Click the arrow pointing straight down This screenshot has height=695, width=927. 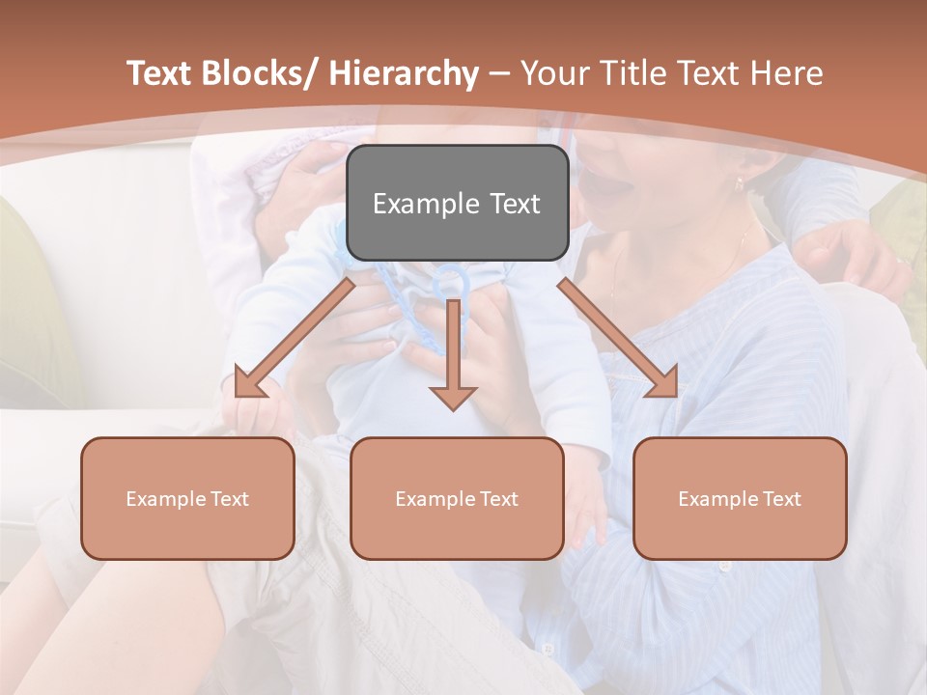[453, 357]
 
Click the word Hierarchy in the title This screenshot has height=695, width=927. [404, 74]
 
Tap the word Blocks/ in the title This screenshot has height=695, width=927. [261, 74]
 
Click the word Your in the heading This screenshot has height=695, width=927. [553, 74]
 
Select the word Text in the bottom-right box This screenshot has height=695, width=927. [781, 499]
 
